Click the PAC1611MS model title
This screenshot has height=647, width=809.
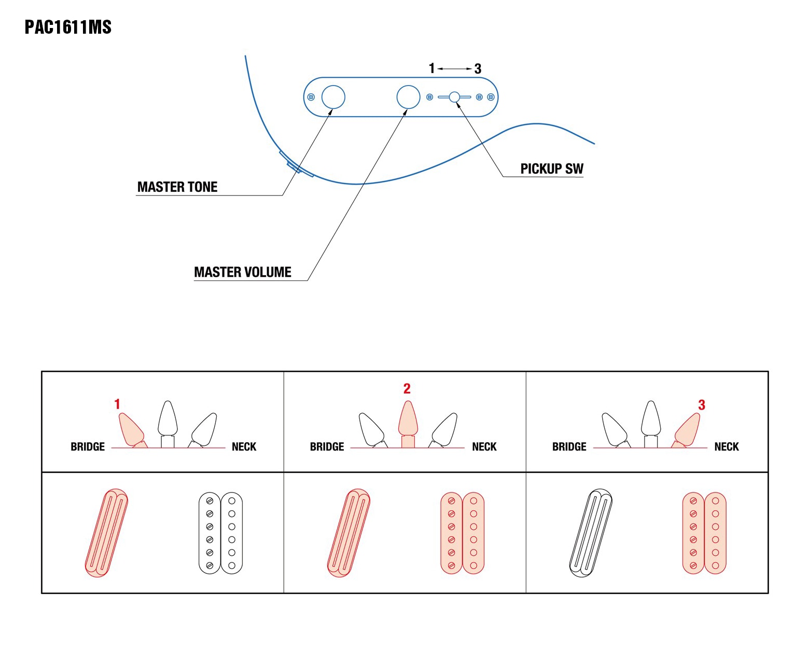click(x=68, y=27)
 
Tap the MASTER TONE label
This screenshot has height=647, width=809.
click(x=177, y=187)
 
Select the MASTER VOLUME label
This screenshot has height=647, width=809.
click(x=243, y=272)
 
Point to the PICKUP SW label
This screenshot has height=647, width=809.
click(x=552, y=169)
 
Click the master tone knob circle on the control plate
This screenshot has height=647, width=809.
click(x=333, y=97)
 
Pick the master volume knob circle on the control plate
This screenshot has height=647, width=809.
click(x=408, y=97)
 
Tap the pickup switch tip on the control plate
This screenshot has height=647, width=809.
click(x=454, y=97)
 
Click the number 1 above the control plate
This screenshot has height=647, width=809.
click(x=431, y=68)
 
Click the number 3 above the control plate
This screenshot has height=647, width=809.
click(x=478, y=68)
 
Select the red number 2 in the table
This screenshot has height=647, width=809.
click(x=407, y=388)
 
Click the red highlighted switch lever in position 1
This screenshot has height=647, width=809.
click(x=131, y=428)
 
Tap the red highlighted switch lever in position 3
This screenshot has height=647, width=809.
click(x=687, y=429)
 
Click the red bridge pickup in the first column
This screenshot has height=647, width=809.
click(x=106, y=532)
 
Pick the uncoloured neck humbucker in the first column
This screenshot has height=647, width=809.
click(x=221, y=533)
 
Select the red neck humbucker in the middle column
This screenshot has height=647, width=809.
click(x=463, y=533)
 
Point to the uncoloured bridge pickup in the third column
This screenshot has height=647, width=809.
click(x=591, y=532)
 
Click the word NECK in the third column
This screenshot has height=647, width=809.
click(x=727, y=447)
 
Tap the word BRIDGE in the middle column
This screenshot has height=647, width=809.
click(x=327, y=447)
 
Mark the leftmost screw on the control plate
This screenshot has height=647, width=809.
click(x=311, y=97)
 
